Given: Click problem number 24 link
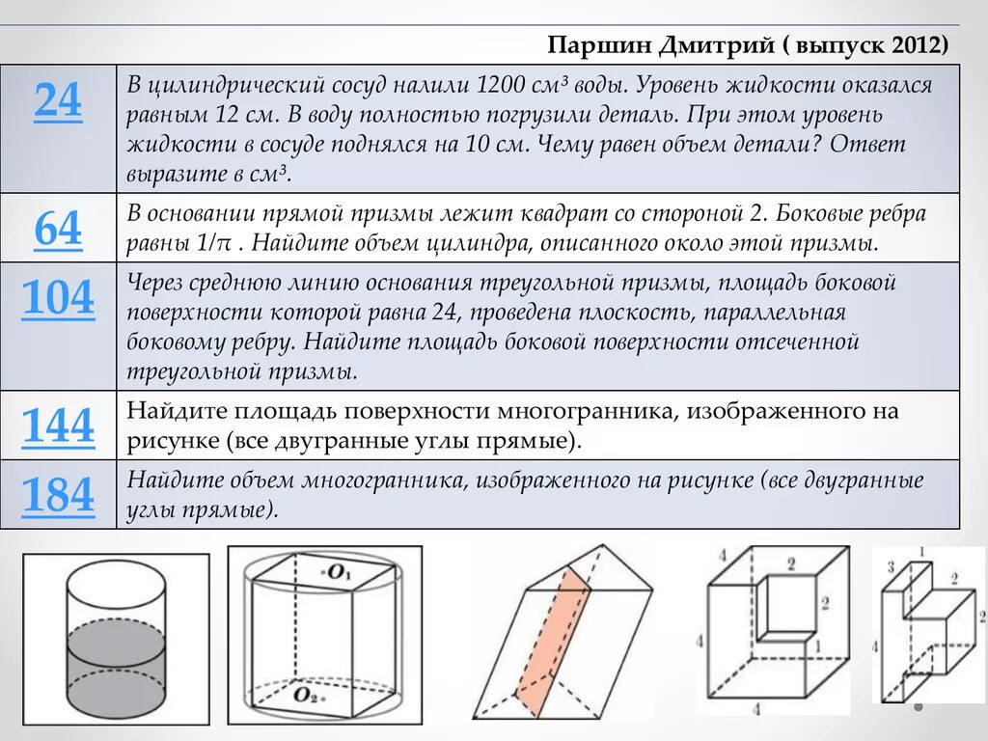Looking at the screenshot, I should (58, 100).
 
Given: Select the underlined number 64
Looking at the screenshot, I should (58, 230).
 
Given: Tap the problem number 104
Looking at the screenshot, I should (58, 299).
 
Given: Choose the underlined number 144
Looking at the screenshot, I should (58, 425).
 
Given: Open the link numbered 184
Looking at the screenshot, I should (58, 496).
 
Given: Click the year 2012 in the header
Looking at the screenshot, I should (915, 45).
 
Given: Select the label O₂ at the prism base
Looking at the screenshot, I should (307, 694).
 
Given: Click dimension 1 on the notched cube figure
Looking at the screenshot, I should (817, 644).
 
